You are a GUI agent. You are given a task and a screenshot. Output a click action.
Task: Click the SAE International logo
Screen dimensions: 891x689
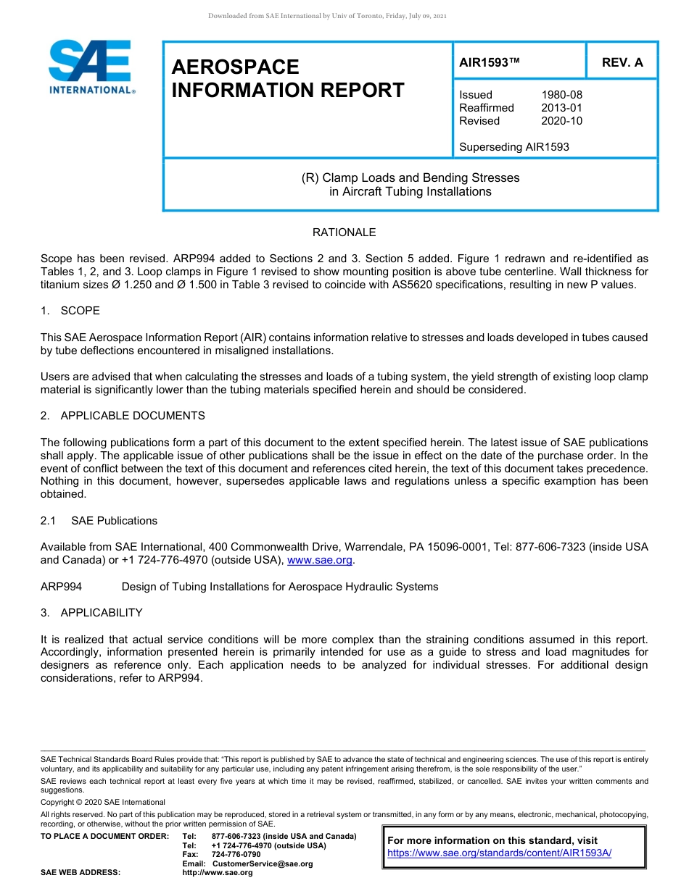click(x=90, y=67)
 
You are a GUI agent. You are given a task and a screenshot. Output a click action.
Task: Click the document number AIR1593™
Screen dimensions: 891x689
click(x=490, y=62)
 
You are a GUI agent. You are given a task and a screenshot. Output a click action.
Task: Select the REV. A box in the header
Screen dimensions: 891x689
click(x=622, y=62)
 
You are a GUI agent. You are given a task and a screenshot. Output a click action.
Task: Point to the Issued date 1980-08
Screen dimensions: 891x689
click(x=561, y=95)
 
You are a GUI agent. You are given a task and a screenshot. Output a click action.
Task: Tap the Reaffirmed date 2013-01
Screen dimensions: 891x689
click(x=561, y=108)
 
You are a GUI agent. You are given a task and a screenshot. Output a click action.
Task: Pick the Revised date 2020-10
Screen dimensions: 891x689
click(x=561, y=121)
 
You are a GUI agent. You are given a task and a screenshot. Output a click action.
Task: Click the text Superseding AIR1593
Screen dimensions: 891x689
click(x=513, y=147)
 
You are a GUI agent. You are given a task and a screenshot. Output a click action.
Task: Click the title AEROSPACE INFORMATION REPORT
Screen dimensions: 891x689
click(x=287, y=78)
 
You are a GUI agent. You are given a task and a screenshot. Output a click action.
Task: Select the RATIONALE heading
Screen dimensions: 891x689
click(x=344, y=233)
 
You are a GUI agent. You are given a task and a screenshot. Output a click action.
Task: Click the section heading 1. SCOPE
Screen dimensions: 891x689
click(x=70, y=311)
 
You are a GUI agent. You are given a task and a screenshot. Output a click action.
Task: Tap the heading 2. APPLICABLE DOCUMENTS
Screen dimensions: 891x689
click(x=123, y=416)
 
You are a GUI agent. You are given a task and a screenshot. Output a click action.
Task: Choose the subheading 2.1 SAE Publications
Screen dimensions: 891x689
click(x=99, y=521)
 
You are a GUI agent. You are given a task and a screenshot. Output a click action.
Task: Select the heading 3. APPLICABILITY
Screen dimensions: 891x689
click(x=91, y=613)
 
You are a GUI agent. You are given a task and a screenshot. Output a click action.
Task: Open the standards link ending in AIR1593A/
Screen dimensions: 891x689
click(x=500, y=853)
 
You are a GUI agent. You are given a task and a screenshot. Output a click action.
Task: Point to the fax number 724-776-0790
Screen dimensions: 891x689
click(x=236, y=855)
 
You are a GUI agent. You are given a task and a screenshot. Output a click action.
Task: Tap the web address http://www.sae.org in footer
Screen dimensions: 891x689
click(x=217, y=872)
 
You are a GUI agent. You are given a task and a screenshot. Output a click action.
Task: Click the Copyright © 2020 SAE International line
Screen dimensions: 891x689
click(x=103, y=802)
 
